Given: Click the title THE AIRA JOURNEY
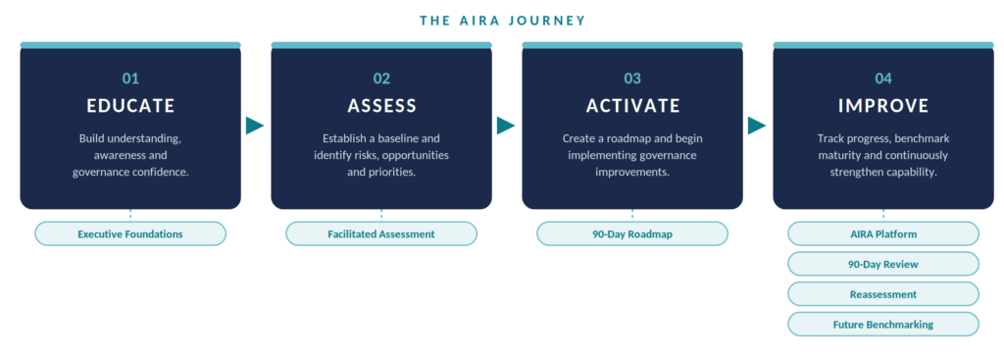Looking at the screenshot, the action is pos(503,21).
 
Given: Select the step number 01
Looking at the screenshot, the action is pos(130,78).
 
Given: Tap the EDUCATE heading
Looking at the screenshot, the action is pos(130,106).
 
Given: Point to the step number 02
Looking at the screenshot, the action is pos(381,78).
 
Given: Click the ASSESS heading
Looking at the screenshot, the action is pos(381,106).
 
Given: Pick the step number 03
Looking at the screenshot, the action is pos(632,78).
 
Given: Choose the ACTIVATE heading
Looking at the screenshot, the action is pos(632,106).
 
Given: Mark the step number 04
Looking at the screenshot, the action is pos(883,78).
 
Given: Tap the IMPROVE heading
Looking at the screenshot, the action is pos(883,106).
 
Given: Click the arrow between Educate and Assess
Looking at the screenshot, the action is pos(254,126).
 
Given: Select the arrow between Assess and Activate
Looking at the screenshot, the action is pos(505,126).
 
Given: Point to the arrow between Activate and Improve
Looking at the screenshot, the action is pos(756,126).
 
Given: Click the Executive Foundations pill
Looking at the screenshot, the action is pos(130,233).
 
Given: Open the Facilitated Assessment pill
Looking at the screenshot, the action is pos(381,233).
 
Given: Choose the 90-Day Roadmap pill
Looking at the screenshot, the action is pos(632,233).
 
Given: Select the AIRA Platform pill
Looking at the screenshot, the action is pos(883,233).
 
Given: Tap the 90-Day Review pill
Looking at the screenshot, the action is pos(883,264).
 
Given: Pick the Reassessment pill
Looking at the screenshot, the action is pos(883,294).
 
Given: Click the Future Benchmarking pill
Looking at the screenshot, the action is pos(883,324).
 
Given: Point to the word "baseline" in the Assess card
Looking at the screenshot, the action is pos(400,138).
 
